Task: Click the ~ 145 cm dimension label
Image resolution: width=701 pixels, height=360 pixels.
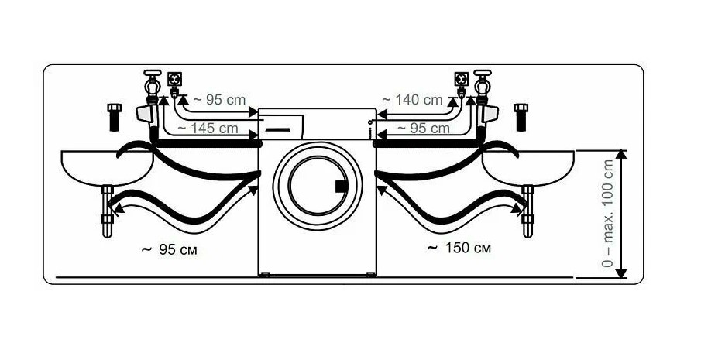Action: (208, 129)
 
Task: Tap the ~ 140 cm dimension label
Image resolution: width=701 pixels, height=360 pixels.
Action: (412, 100)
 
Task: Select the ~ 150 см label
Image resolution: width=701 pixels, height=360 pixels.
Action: (459, 248)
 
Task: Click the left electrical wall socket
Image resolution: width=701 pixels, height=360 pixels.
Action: (174, 80)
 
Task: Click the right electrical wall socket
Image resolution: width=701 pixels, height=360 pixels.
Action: (461, 80)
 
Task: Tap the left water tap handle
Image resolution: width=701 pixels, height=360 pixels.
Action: (153, 73)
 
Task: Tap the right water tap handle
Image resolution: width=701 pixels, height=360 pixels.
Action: (483, 73)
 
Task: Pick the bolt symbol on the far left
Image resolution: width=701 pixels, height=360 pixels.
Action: (115, 118)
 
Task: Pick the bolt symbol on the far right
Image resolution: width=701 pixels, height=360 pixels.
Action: (521, 118)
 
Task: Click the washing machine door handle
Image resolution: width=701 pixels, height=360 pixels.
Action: (341, 186)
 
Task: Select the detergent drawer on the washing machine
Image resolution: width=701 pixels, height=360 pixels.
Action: (281, 126)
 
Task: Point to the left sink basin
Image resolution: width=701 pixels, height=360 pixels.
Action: (108, 167)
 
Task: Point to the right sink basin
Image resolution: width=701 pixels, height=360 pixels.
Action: (528, 167)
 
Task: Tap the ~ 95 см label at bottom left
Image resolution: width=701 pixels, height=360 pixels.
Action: (170, 250)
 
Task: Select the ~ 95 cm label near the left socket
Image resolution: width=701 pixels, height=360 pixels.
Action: (219, 100)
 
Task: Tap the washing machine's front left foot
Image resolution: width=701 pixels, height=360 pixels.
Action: (264, 275)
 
